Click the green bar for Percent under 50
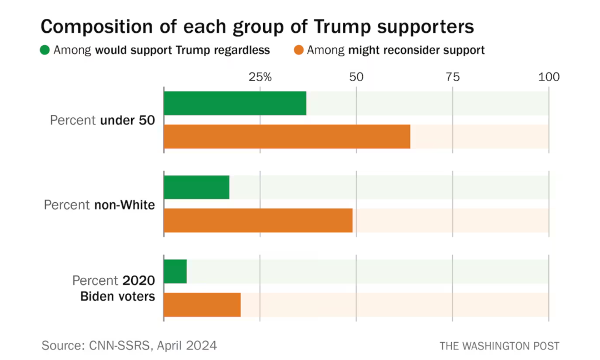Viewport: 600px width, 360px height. (x=235, y=103)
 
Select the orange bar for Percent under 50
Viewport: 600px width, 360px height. (x=287, y=137)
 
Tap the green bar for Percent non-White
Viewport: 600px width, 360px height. (x=197, y=187)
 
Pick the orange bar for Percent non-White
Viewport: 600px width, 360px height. (x=258, y=221)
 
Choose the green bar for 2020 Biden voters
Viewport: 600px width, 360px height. (x=175, y=271)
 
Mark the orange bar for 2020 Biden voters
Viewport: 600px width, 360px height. (x=202, y=304)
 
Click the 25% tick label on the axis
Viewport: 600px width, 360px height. (x=260, y=77)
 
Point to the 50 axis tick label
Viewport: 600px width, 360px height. (x=356, y=77)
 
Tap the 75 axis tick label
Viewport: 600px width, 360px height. (x=453, y=77)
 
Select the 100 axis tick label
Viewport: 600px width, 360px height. (x=549, y=77)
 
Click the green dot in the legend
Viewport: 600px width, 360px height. (x=45, y=50)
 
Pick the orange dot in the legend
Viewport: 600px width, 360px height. (x=298, y=50)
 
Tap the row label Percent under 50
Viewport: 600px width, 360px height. (x=103, y=120)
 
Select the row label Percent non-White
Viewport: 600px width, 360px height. (x=99, y=204)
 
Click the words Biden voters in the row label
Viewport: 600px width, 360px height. (x=117, y=297)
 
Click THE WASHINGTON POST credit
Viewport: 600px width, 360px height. (x=499, y=346)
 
